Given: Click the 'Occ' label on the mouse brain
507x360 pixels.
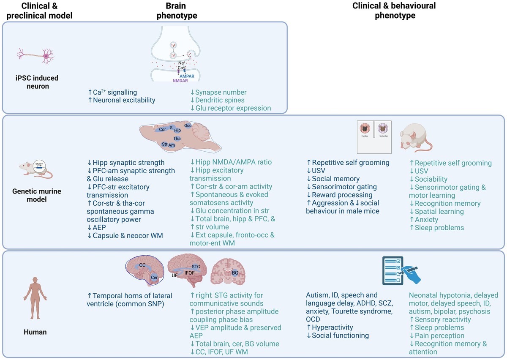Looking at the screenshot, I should (x=188, y=126).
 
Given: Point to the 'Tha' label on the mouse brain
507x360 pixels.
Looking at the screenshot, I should (x=177, y=138).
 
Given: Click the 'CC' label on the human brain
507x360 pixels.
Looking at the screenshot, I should (x=142, y=265).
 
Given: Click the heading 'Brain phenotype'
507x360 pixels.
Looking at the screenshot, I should (x=177, y=11).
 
